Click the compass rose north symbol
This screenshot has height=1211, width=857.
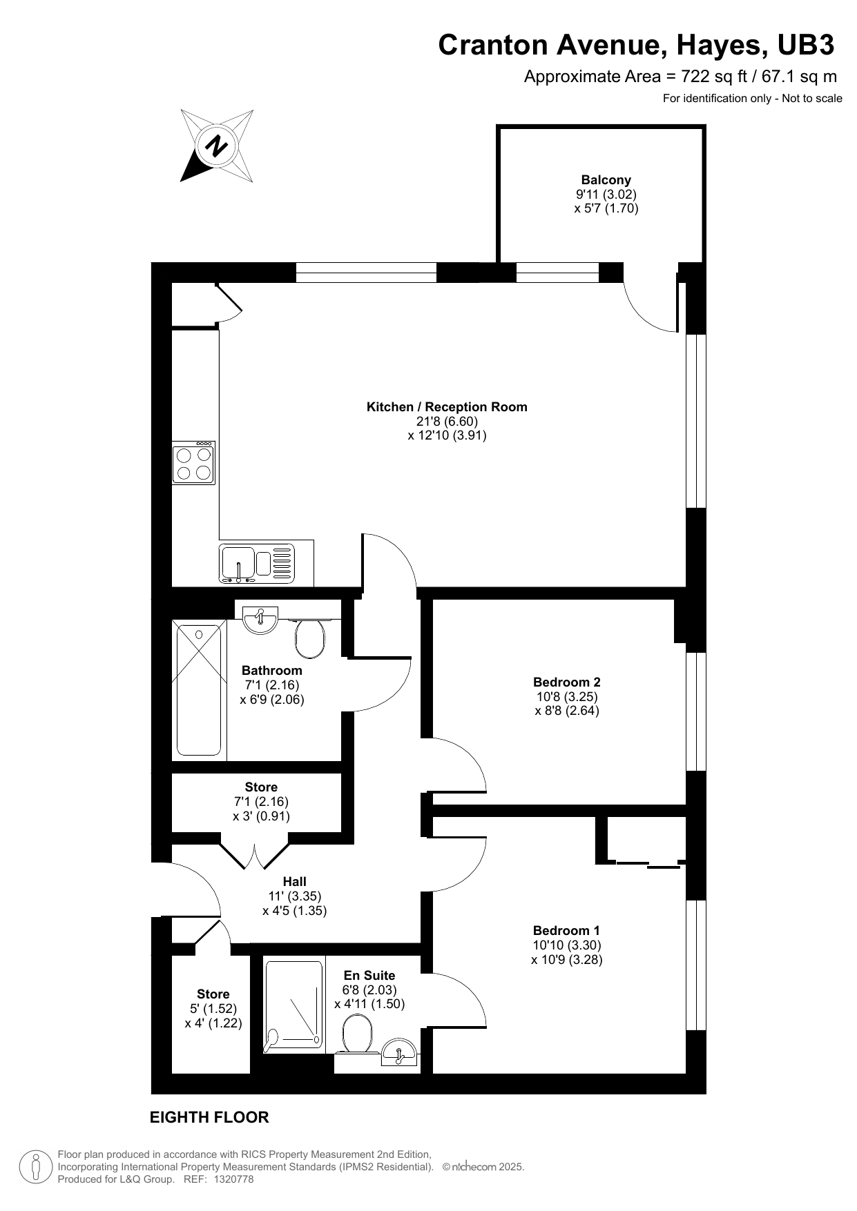217,146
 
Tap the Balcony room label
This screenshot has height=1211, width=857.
606,180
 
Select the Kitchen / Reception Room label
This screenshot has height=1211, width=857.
447,407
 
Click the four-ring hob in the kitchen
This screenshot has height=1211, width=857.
194,463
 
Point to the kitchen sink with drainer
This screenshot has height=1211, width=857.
257,562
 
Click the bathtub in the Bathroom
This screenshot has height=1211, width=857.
200,690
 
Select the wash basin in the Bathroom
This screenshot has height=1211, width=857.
260,619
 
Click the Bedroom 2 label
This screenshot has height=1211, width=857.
567,682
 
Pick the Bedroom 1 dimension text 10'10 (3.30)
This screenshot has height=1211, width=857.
567,945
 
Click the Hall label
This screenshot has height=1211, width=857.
295,882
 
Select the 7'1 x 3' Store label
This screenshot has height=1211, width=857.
261,787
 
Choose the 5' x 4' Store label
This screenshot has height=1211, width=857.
213,994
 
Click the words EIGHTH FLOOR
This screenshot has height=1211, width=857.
209,1117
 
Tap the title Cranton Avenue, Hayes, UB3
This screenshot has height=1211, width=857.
637,45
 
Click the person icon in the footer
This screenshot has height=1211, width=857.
36,1166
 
